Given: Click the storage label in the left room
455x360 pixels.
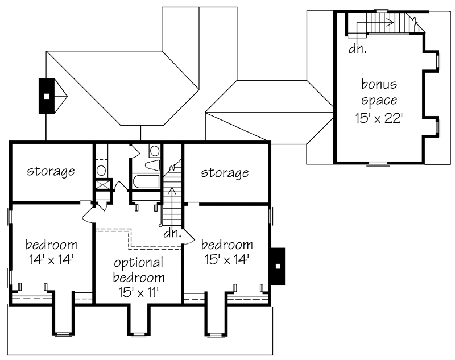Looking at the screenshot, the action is tap(51, 171).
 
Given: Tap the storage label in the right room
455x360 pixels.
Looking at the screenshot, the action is tap(225, 173).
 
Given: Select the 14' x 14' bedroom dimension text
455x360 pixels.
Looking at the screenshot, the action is tap(51, 259).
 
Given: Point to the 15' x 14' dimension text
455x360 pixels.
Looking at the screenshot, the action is tap(226, 259).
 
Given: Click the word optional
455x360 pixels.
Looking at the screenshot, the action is tap(139, 263).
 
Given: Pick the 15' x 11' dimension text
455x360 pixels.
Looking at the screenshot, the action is tap(138, 292).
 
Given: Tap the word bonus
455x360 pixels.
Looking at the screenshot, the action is tap(379, 84).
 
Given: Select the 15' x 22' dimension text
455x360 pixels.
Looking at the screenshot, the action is tap(379, 118).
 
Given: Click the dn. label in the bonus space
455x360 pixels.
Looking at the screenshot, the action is tap(358, 49).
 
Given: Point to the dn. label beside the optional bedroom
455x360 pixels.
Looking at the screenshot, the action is tap(172, 233).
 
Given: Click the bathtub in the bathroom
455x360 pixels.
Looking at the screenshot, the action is tap(146, 181).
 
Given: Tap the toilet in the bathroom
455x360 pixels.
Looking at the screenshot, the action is tap(152, 165).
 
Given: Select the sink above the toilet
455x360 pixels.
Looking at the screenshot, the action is tap(154, 151).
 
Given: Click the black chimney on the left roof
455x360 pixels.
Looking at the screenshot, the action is tap(47, 96).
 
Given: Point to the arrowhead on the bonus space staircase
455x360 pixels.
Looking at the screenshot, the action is tap(391, 22).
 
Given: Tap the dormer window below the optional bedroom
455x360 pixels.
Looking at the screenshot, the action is tap(138, 334).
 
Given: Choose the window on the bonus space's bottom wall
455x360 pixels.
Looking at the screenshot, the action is tap(378, 164).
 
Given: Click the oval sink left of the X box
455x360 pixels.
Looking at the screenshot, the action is tap(101, 170).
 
